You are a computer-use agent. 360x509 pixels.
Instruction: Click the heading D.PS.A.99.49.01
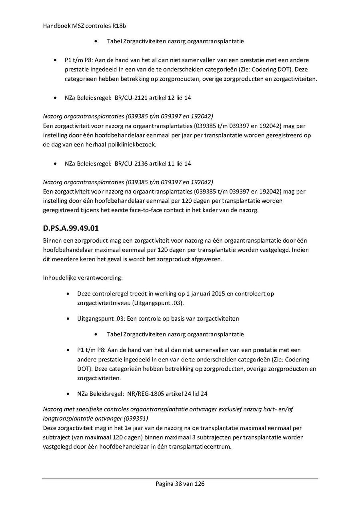click(71, 229)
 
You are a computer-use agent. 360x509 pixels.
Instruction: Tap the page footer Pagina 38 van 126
click(180, 484)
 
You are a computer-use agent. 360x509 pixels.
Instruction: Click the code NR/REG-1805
click(147, 394)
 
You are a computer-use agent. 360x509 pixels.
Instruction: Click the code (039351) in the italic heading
click(136, 419)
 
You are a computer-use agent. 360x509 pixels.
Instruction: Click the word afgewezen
click(220, 259)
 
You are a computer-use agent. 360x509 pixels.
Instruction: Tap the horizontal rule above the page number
click(180, 479)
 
